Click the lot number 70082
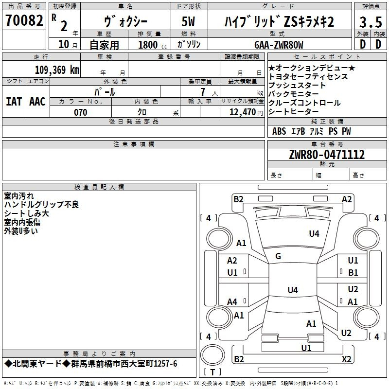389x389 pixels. tap(24, 21)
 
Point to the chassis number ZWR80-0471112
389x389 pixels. tap(327, 155)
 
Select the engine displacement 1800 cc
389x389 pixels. tap(148, 45)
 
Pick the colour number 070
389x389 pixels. tap(81, 113)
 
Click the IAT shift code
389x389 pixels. tap(14, 102)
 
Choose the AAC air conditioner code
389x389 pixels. tap(37, 102)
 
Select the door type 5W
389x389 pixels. tap(189, 22)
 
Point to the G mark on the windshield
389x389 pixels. tap(278, 256)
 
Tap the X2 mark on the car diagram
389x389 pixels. tap(346, 359)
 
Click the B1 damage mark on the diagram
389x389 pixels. tap(353, 273)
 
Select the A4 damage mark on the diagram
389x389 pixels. tap(232, 302)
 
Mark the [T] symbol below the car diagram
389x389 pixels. tap(212, 372)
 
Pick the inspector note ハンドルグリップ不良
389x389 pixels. tap(41, 205)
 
